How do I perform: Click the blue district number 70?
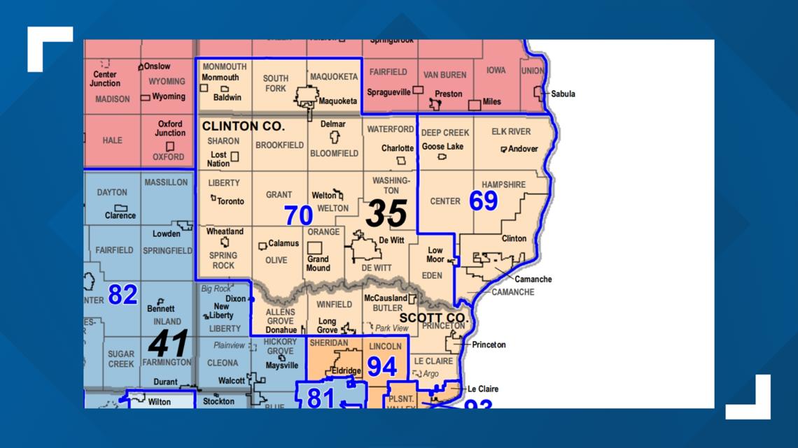pos(298,216)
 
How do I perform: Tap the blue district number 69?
pos(483,201)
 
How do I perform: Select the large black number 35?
pos(386,213)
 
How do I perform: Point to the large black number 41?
pos(168,343)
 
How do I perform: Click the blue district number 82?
pos(122,294)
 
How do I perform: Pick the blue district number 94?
pos(382,366)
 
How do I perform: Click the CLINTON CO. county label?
pos(243,127)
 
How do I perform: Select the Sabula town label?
pos(563,94)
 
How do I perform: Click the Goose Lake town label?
pos(442,147)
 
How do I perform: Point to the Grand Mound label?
pos(318,263)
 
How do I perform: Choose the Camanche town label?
pos(533,279)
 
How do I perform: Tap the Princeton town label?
pos(489,345)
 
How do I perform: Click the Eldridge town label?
pos(346,371)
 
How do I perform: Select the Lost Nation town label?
pos(219,159)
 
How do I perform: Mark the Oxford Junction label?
pos(170,129)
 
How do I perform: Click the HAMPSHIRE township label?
pos(503,185)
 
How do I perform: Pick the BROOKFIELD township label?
pos(279,145)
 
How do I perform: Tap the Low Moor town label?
pos(435,254)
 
